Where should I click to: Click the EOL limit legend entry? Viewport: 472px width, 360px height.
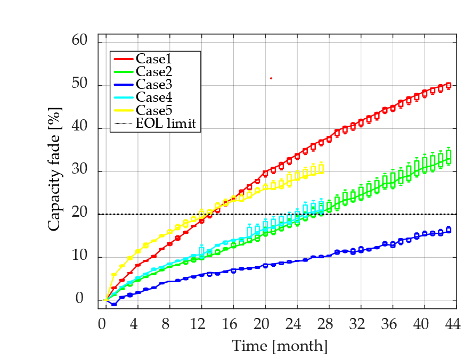tap(166, 124)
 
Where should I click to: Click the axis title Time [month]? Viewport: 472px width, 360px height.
tap(280, 346)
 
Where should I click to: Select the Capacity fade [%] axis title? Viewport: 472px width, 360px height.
tap(54, 171)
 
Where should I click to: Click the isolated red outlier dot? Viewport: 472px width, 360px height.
tap(271, 78)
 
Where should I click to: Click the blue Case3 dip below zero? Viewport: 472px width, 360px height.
tap(114, 304)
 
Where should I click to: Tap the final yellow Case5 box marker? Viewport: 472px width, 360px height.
tap(321, 169)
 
